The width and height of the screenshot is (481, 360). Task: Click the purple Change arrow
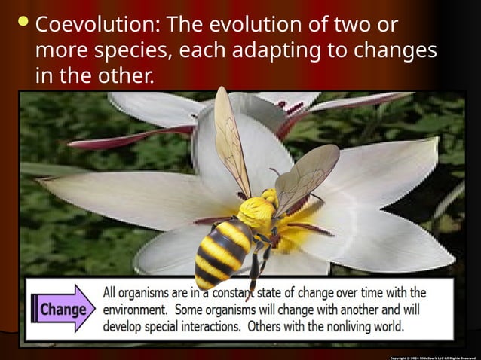pyautogui.click(x=63, y=309)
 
